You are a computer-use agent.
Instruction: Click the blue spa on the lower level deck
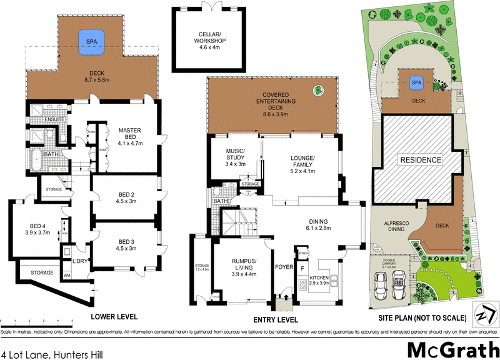click(91, 41)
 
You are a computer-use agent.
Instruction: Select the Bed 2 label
click(126, 197)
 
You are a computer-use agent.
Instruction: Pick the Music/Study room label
click(234, 159)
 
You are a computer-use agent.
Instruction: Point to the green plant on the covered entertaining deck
click(319, 91)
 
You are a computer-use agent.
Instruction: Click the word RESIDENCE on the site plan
click(421, 160)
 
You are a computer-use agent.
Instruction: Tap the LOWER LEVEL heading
click(114, 317)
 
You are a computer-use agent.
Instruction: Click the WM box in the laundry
click(67, 274)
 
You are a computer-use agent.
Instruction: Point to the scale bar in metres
click(37, 322)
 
